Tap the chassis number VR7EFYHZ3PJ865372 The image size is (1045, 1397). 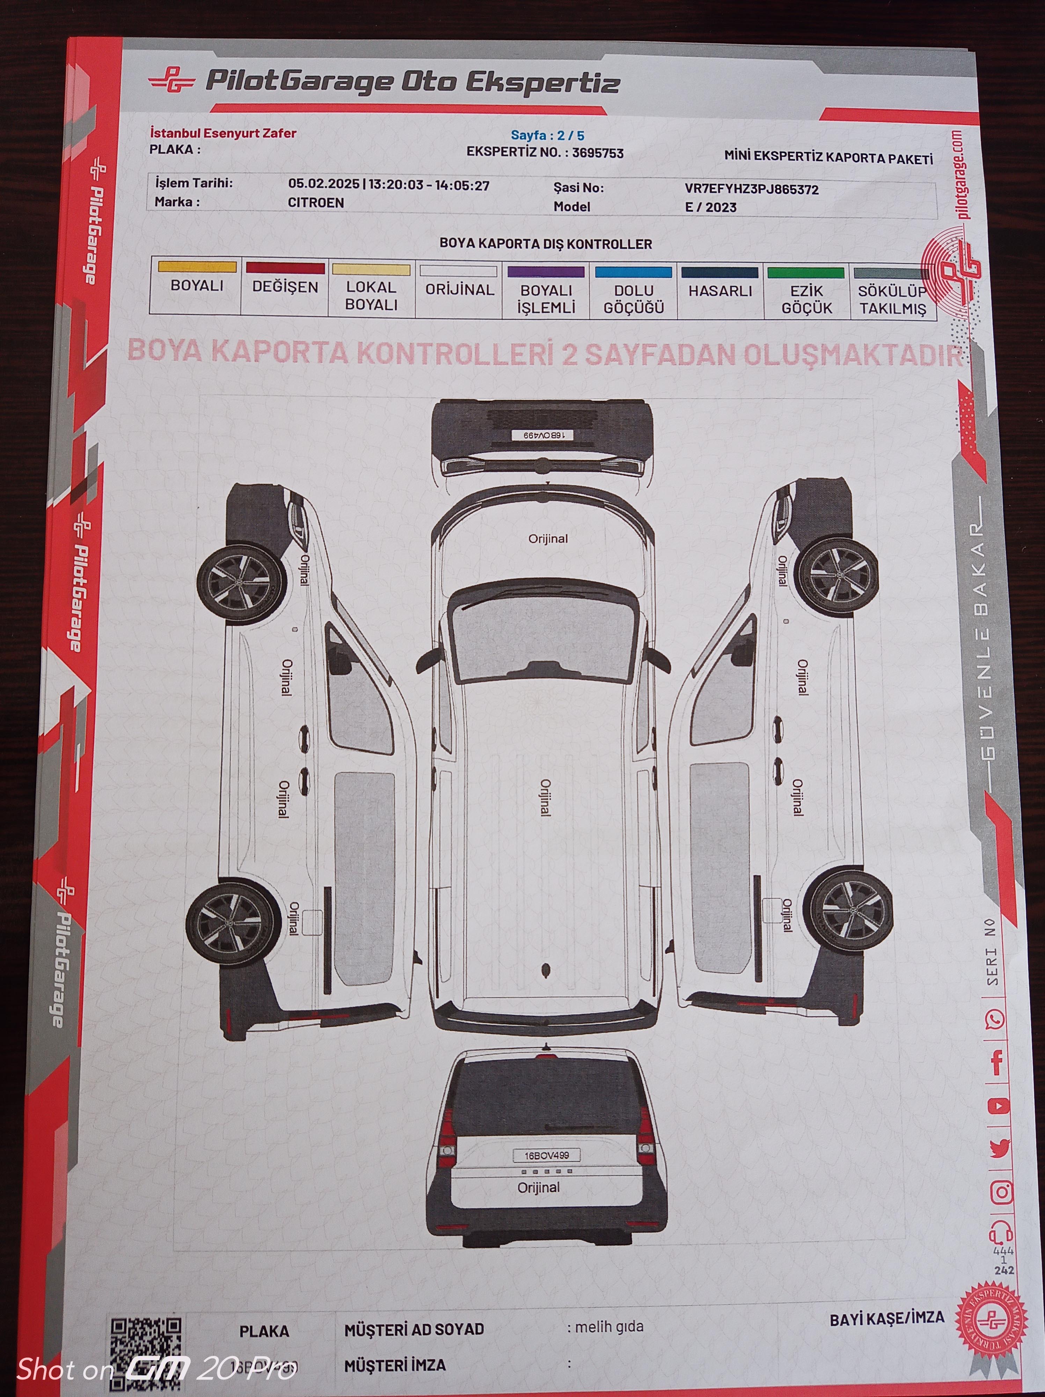(x=751, y=189)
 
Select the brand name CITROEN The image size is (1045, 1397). (x=316, y=203)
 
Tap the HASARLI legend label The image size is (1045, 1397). (x=720, y=291)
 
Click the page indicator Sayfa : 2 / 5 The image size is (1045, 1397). (x=547, y=135)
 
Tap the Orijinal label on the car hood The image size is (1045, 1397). (x=547, y=539)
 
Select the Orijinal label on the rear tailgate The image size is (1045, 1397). (x=539, y=1187)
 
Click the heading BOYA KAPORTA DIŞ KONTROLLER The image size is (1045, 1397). (x=546, y=244)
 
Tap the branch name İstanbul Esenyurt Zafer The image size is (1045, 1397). (x=223, y=133)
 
